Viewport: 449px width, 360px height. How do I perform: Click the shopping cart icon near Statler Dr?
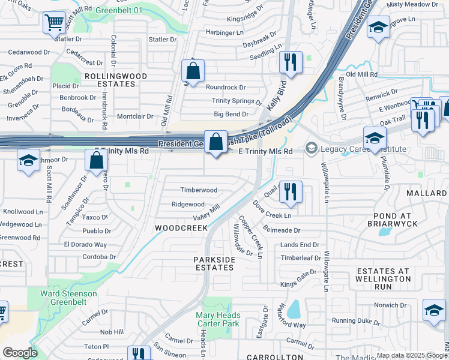(54, 23)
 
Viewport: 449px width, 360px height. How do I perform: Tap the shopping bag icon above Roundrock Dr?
(193, 71)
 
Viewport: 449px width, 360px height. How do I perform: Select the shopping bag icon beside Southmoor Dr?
(96, 160)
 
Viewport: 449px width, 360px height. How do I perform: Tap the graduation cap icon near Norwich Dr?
(434, 311)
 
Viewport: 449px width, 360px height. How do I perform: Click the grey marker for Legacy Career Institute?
(311, 147)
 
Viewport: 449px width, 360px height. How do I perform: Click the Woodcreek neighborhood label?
(181, 228)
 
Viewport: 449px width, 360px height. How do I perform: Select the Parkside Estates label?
(214, 263)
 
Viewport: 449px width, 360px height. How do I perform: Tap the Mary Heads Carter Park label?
(217, 319)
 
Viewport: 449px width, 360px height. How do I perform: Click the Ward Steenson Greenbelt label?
(68, 298)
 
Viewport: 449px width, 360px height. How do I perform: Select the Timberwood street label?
(199, 190)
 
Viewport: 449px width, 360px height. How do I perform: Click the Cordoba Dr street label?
(99, 257)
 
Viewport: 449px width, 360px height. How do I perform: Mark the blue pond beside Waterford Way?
(294, 310)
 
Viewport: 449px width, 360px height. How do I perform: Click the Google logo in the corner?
(20, 353)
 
